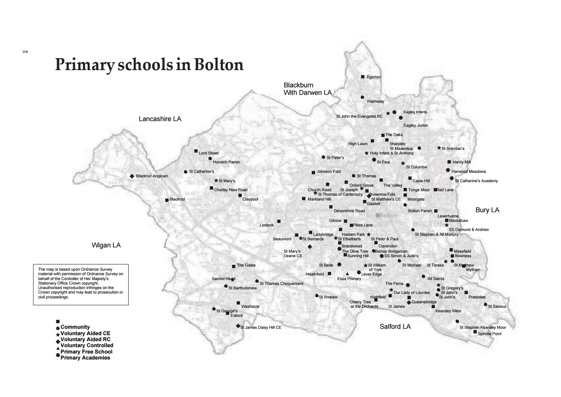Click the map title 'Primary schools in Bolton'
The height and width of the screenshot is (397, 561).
tap(149, 64)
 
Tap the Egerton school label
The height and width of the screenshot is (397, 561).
tap(373, 77)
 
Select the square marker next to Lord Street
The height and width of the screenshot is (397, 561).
tap(196, 151)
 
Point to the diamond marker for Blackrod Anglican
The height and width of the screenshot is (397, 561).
tap(132, 176)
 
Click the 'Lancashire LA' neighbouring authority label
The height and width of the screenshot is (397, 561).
tap(160, 119)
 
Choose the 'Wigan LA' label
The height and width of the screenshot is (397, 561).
tap(106, 245)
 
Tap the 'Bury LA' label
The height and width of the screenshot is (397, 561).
tap(487, 210)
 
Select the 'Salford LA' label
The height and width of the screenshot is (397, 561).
tap(395, 327)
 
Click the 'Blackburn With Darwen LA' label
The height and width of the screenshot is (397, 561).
tap(307, 89)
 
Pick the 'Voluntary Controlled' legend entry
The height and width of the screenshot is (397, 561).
tap(87, 345)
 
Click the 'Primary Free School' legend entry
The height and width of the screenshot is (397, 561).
tap(86, 352)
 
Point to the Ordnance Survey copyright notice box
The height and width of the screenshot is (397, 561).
tap(81, 284)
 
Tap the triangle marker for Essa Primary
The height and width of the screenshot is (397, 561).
tap(347, 274)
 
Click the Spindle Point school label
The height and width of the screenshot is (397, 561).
tap(489, 334)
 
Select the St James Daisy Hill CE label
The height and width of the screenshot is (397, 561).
tap(260, 327)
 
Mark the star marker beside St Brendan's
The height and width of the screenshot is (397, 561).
tap(439, 148)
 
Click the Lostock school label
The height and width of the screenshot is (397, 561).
tap(266, 225)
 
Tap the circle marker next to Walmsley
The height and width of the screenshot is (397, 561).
tap(362, 97)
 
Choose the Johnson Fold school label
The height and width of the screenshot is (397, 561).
tap(329, 172)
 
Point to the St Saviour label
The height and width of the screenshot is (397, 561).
tap(497, 307)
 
